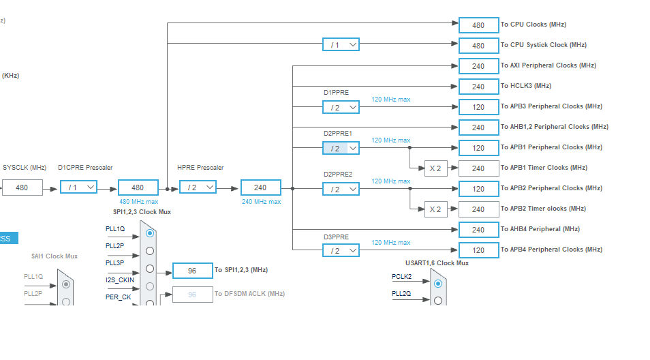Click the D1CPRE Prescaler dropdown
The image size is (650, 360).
pyautogui.click(x=79, y=187)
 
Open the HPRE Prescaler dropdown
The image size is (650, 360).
pyautogui.click(x=198, y=187)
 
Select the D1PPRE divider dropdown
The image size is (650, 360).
pyautogui.click(x=341, y=108)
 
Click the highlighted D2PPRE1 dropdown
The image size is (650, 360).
pyautogui.click(x=341, y=148)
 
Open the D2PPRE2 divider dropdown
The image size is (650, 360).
pyautogui.click(x=341, y=189)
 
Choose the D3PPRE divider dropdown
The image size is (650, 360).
pyautogui.click(x=341, y=250)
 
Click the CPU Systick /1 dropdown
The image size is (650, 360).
pyautogui.click(x=341, y=44)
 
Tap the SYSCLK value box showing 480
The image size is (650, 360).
pyautogui.click(x=22, y=187)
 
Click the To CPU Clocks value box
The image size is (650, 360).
pyautogui.click(x=479, y=25)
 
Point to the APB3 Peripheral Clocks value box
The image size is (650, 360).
pyautogui.click(x=479, y=107)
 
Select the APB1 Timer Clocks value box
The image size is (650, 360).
pyautogui.click(x=479, y=168)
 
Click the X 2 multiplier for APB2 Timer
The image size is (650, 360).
pyautogui.click(x=435, y=209)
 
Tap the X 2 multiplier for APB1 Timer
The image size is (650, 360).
pyautogui.click(x=435, y=168)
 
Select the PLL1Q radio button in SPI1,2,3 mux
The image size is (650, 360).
pyautogui.click(x=150, y=233)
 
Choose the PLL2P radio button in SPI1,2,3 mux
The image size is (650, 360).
pyautogui.click(x=150, y=251)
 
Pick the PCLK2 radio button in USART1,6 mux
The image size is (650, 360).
pyautogui.click(x=438, y=284)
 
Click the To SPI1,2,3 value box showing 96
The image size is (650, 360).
pyautogui.click(x=193, y=271)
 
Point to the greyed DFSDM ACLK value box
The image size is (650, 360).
pyautogui.click(x=193, y=295)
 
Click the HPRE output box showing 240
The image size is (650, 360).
pyautogui.click(x=261, y=187)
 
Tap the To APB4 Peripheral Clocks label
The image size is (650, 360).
pyautogui.click(x=551, y=250)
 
